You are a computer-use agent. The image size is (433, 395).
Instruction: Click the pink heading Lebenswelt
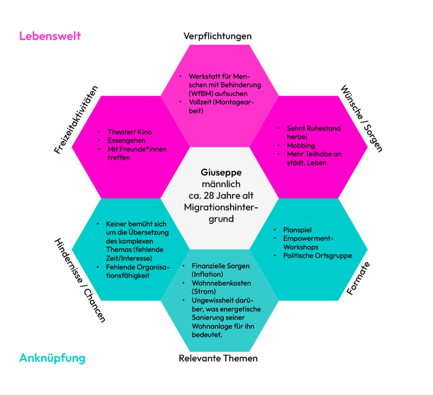point(50,36)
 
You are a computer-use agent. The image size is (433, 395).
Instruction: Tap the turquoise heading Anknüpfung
point(52,358)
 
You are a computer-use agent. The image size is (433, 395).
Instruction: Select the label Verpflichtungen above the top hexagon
point(217,36)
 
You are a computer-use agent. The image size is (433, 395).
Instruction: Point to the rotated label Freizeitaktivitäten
point(76,120)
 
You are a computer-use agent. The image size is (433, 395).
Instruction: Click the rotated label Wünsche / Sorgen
point(362,118)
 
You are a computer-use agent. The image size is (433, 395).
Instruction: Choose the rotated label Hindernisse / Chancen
point(79,280)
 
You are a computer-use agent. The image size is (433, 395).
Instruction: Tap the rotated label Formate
point(358,278)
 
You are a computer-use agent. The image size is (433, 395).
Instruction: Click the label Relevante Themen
point(218,359)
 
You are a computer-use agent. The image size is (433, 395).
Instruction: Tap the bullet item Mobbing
point(301,146)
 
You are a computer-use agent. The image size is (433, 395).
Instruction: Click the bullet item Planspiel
point(297,230)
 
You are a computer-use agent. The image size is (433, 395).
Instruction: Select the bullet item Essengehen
point(126,141)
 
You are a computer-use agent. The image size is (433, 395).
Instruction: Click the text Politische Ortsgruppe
point(318,256)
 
